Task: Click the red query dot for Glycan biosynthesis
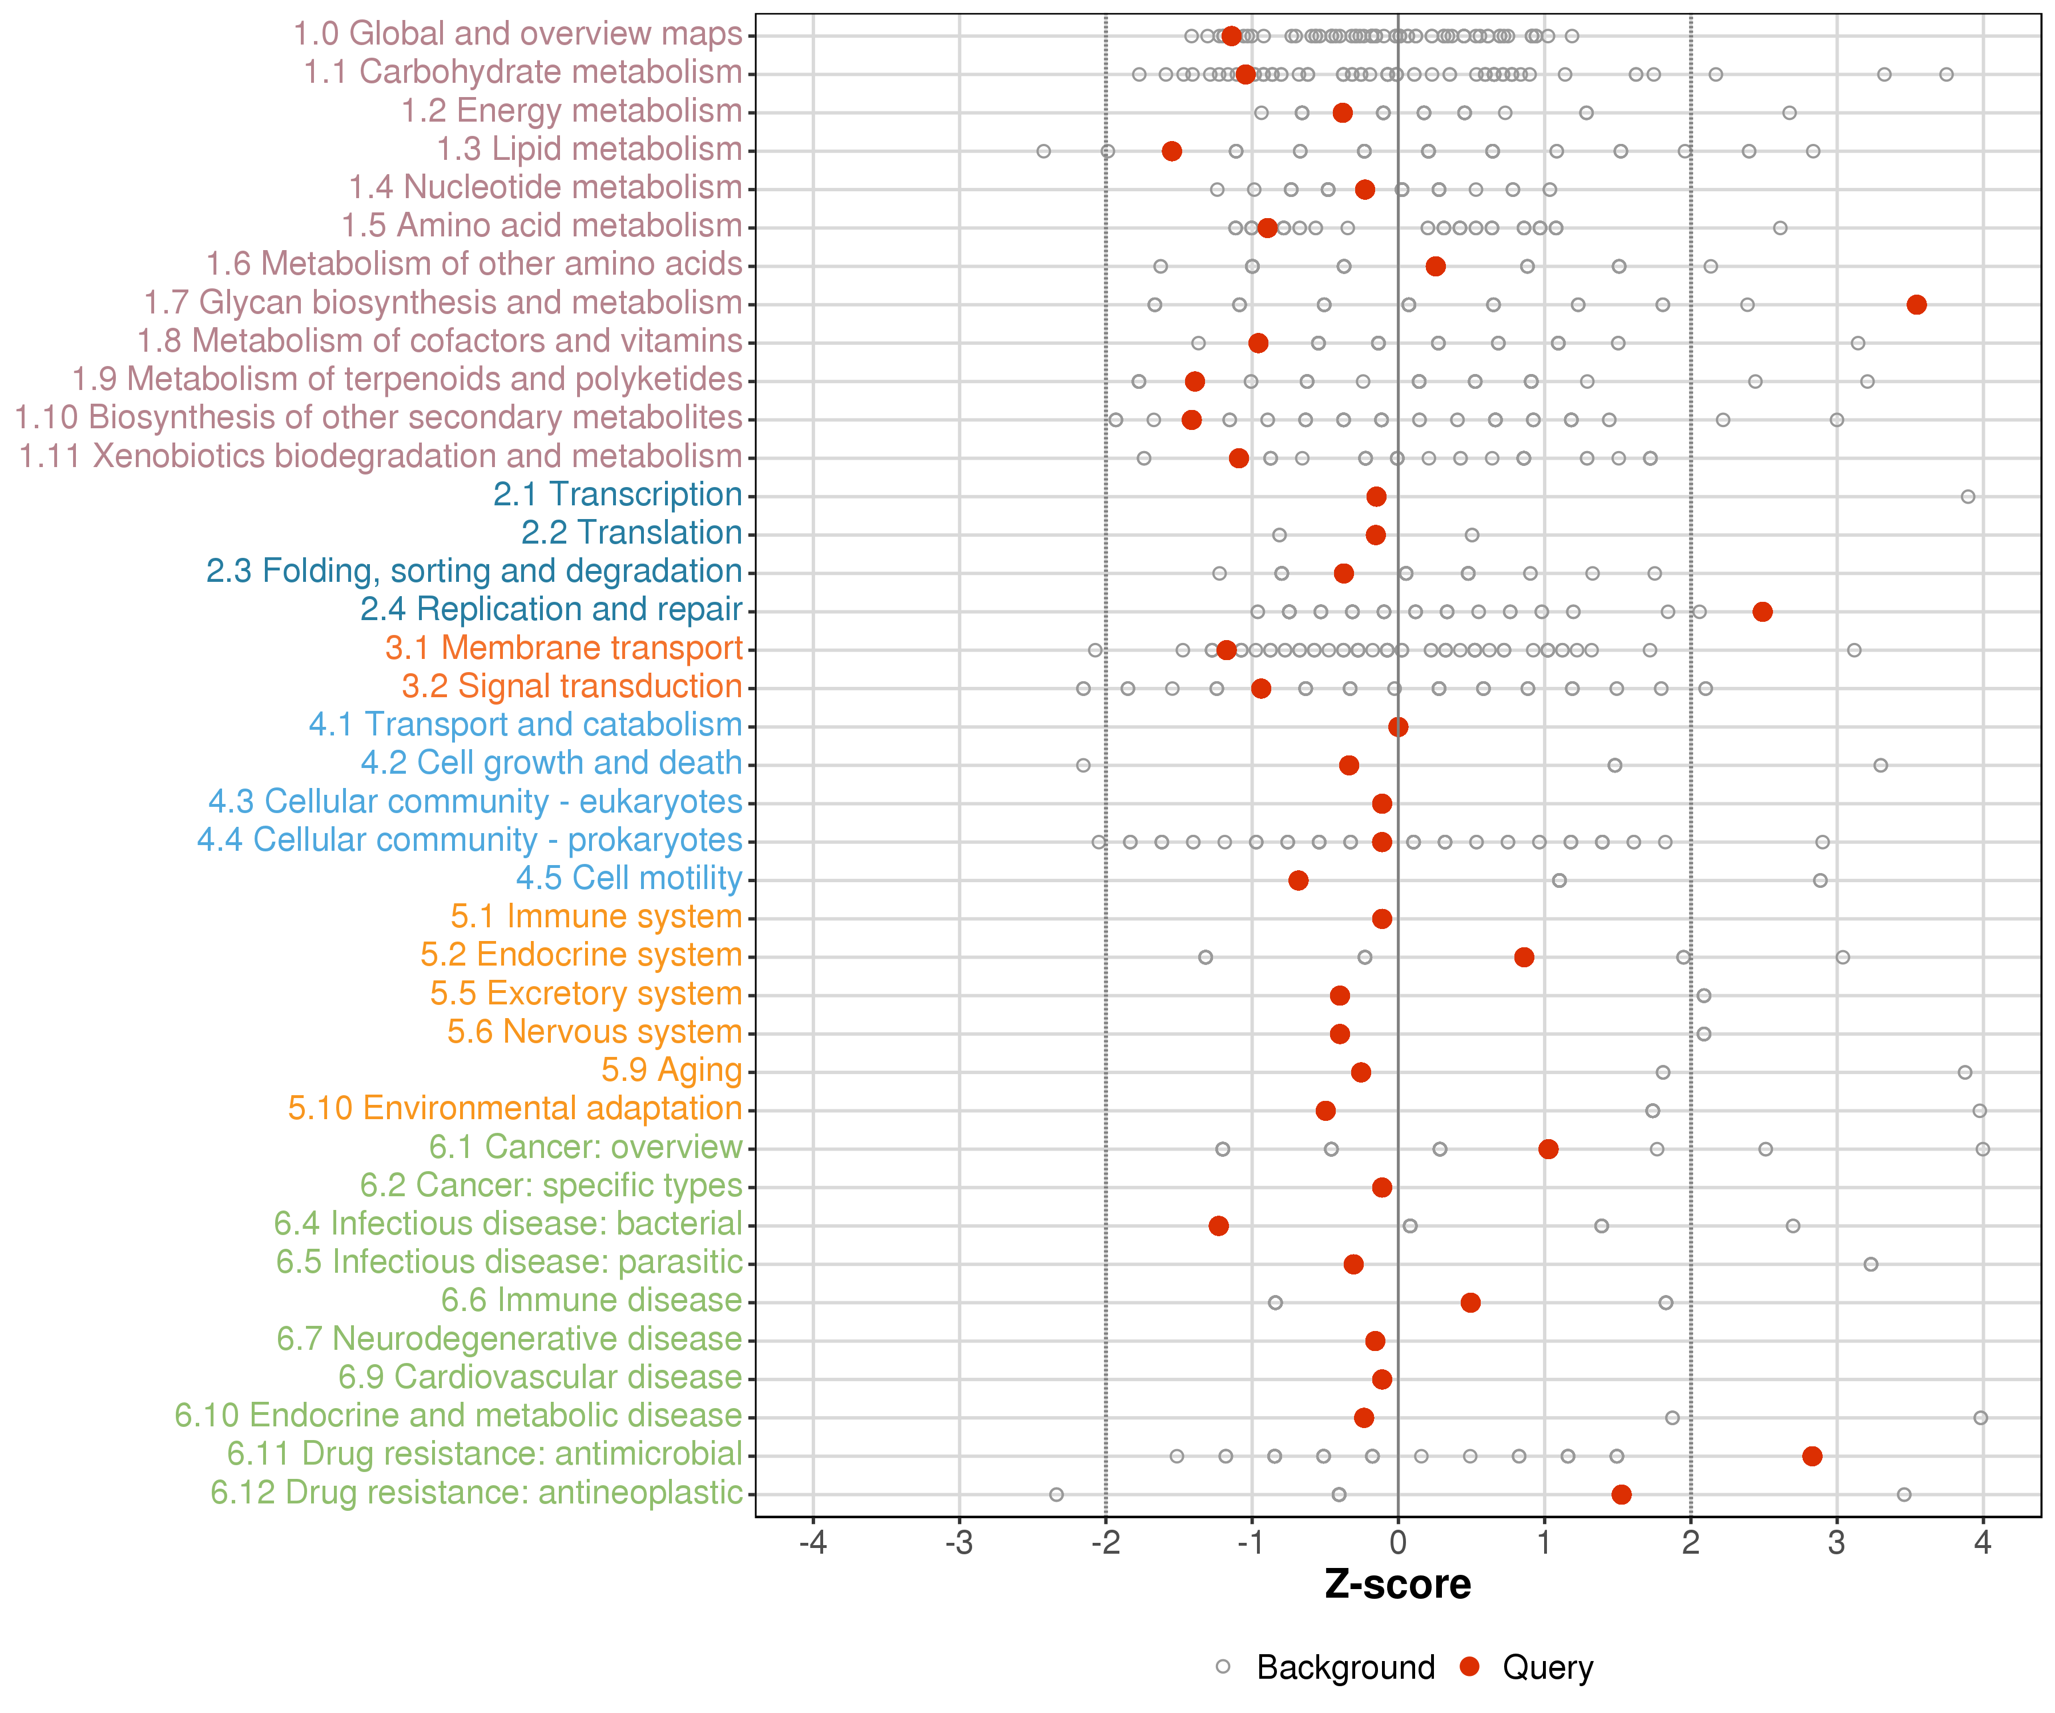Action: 1916,304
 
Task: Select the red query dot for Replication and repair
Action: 1762,612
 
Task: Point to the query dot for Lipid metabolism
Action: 1171,151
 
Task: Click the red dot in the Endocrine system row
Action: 1524,956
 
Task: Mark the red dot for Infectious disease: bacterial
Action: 1218,1225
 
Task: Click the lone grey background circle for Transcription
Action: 1968,496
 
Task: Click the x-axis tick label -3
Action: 959,1543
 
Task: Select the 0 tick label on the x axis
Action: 1397,1543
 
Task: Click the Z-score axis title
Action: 1397,1585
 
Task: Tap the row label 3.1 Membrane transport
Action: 563,648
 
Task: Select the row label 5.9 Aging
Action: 671,1070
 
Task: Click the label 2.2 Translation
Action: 631,533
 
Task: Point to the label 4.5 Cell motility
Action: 628,878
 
